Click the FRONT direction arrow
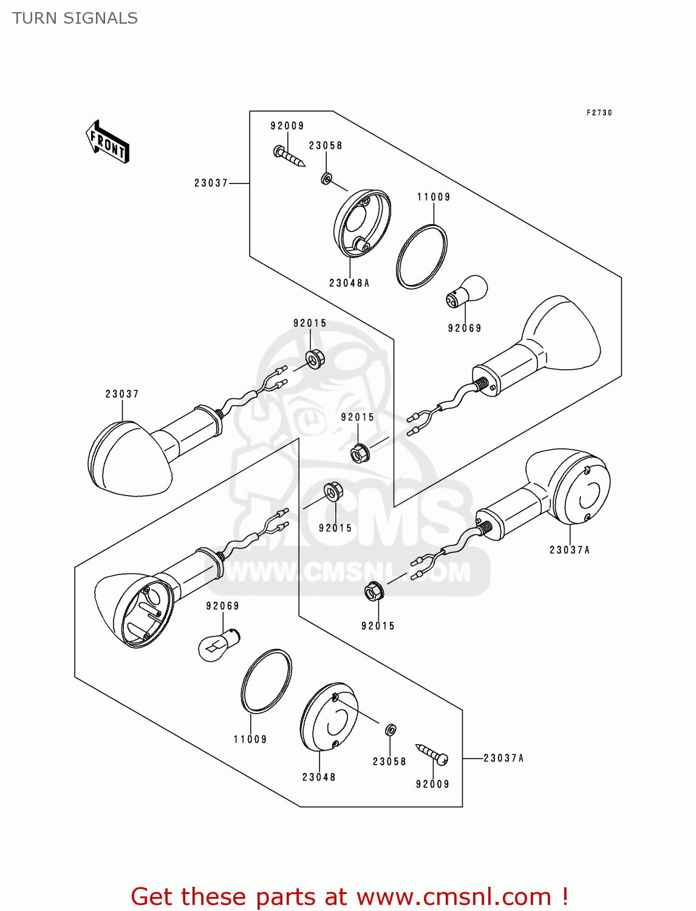pos(108,142)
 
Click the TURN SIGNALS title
pos(75,18)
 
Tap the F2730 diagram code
pos(599,113)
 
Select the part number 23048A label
pos(349,283)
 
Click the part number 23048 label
pos(319,777)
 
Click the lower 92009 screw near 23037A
pos(432,754)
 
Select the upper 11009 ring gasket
pos(421,257)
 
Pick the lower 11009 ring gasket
pos(266,680)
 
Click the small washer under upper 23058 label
pos(326,179)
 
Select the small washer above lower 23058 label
pos(392,729)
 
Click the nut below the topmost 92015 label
pos(314,359)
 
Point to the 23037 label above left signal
pos(122,394)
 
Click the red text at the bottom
pos(349,896)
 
